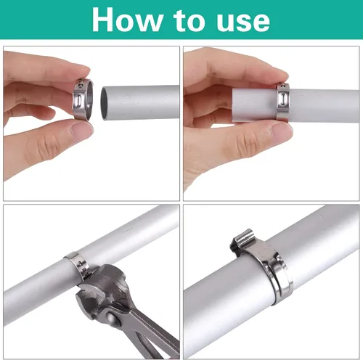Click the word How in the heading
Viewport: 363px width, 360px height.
point(127,20)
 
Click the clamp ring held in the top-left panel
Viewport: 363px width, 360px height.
point(83,99)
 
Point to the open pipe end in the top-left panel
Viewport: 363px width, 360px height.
point(105,104)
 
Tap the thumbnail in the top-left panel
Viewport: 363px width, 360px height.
point(81,128)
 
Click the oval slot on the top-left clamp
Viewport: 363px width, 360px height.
point(79,101)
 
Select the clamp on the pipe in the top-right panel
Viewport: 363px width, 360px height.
point(283,102)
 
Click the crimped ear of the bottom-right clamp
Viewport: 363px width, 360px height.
point(242,242)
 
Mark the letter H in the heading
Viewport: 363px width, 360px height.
point(102,20)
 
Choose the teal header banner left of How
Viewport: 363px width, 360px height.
point(46,20)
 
